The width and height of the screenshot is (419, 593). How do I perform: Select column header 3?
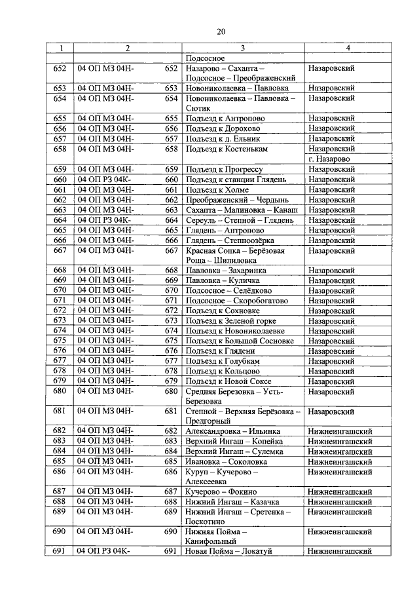click(243, 48)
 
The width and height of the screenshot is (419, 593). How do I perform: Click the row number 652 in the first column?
click(60, 67)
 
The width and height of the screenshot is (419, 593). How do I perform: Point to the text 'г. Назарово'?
click(329, 159)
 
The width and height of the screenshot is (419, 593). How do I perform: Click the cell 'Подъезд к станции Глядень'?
click(234, 179)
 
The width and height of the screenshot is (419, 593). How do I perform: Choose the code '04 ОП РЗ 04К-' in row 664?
click(104, 220)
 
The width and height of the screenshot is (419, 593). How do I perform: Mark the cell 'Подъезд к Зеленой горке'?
click(230, 320)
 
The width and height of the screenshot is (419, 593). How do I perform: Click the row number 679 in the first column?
click(60, 381)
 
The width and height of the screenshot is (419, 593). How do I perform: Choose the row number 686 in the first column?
click(60, 471)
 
